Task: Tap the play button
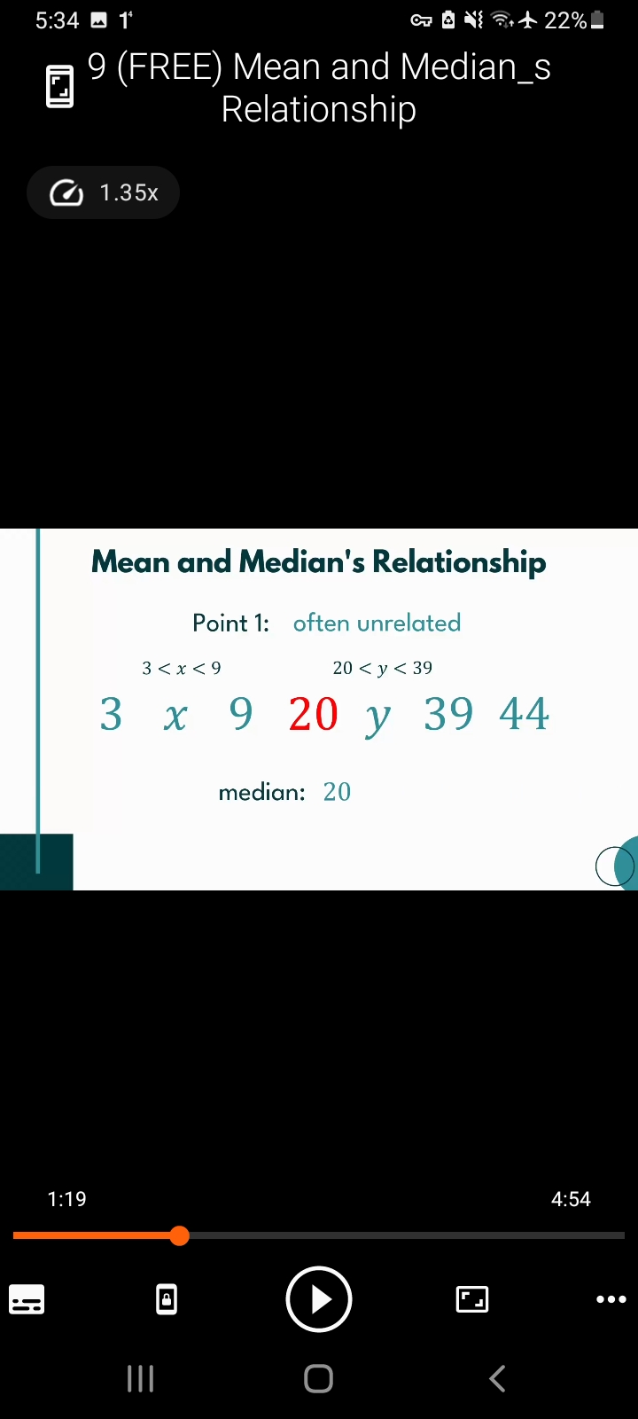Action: (x=318, y=1299)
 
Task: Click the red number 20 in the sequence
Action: (x=314, y=714)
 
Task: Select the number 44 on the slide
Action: (x=524, y=714)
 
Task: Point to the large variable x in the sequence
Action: (x=175, y=717)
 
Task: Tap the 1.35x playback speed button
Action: (x=103, y=192)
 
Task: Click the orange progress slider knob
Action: (x=180, y=1235)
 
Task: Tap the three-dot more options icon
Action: (x=611, y=1299)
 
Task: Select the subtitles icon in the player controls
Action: (x=27, y=1299)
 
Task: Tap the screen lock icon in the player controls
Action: (x=167, y=1299)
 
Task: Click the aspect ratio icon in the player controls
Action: (x=472, y=1299)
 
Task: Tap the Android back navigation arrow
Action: (x=498, y=1378)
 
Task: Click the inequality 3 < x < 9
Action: (x=182, y=669)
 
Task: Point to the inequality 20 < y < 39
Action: (x=382, y=669)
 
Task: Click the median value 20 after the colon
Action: (x=337, y=792)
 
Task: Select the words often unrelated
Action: (x=377, y=623)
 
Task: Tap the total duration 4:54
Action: (x=571, y=1198)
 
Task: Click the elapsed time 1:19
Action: (x=67, y=1198)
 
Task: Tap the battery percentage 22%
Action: (x=565, y=21)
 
